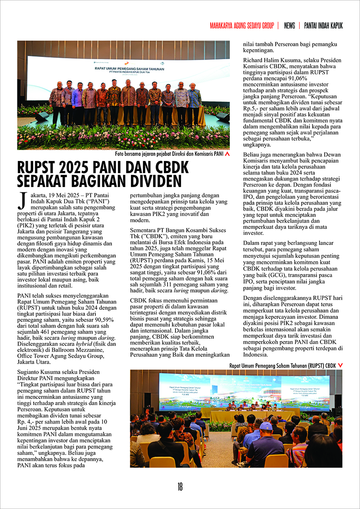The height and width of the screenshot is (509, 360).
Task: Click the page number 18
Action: (x=180, y=487)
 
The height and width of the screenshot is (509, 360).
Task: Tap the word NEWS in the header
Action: (x=289, y=26)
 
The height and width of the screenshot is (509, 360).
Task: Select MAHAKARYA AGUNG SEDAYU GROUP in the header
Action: (x=242, y=26)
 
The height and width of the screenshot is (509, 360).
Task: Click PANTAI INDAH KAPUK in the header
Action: (x=323, y=26)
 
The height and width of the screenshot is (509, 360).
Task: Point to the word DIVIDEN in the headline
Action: (x=148, y=180)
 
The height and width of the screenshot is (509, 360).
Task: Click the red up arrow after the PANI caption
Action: (x=227, y=154)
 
